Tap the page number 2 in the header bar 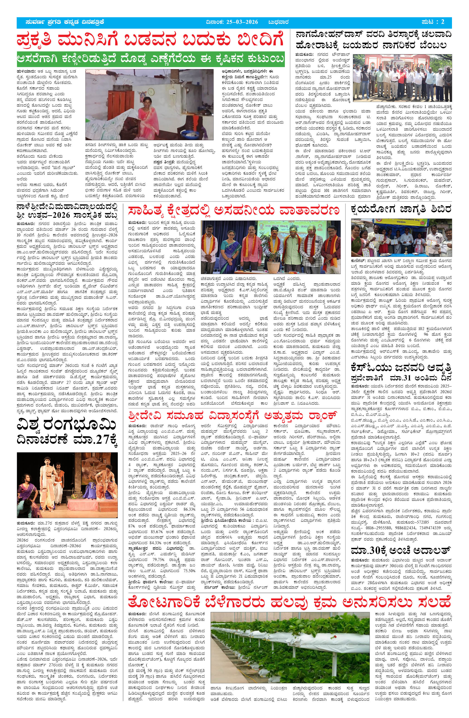pos(442,22)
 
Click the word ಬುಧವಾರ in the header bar pos(279,22)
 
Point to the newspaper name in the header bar pos(65,22)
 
